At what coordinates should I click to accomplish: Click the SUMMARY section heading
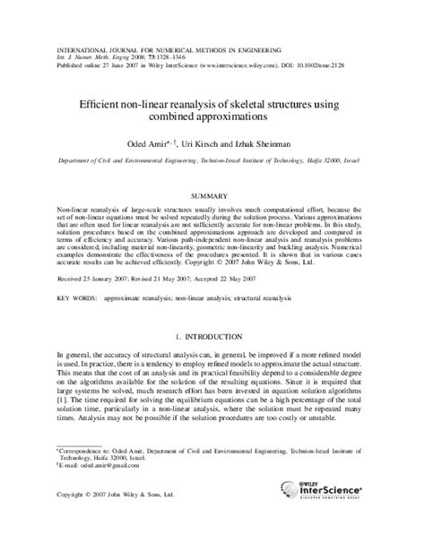coord(212,194)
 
